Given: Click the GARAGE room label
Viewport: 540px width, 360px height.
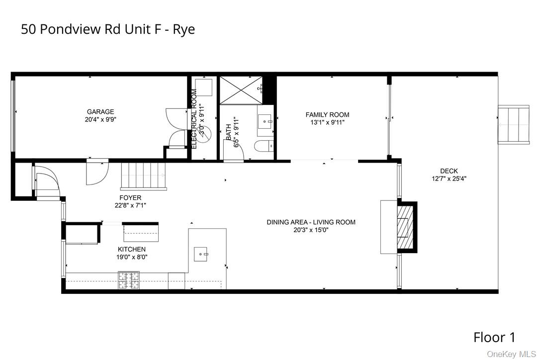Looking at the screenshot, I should coord(100,112).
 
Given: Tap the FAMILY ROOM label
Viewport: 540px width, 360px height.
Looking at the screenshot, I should coord(327,115).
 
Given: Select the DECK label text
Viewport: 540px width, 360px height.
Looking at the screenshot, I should coord(449,171).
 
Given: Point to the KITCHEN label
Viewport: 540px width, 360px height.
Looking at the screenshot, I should coord(132,249).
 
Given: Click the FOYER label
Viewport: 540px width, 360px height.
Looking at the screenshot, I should coord(130,197).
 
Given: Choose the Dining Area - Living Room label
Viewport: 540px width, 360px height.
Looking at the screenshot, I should coord(311,222).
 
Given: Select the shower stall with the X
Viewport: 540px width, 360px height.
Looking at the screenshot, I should coord(241,90).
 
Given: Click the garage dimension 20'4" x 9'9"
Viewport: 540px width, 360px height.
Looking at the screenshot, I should coord(100,119).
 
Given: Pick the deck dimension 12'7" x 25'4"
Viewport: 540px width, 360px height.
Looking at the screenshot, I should coord(449,179).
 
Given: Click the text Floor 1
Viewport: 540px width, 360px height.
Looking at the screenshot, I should coord(494,338).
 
